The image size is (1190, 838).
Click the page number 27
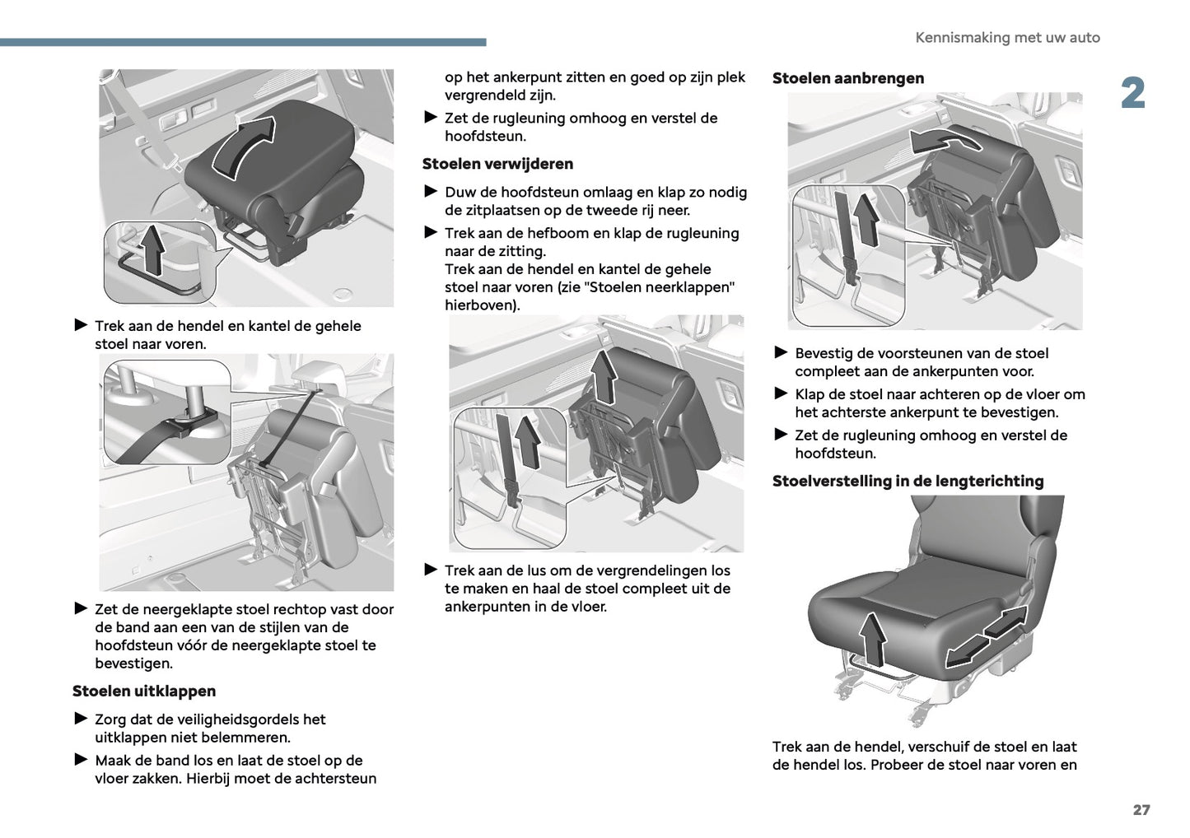1141,809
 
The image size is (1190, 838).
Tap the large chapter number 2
1132,94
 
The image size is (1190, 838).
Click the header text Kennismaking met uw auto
1007,38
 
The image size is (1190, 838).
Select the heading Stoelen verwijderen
497,164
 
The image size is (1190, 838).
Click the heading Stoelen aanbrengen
847,78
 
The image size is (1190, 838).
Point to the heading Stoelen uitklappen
144,691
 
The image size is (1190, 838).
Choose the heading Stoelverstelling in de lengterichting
908,481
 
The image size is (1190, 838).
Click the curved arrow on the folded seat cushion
244,145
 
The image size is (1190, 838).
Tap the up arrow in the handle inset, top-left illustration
152,249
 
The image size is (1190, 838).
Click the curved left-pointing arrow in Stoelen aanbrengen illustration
945,141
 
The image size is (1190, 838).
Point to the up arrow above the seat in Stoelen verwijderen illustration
604,375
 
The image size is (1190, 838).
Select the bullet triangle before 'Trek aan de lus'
430,570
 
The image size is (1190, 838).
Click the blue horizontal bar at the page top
243,42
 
